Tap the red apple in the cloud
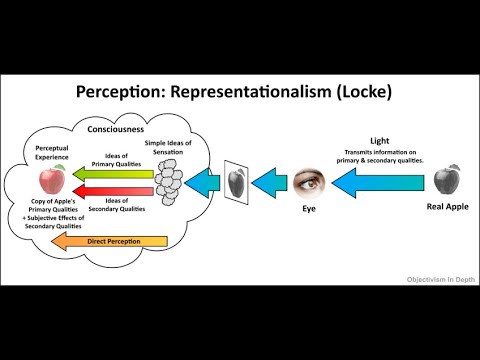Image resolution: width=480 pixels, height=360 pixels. click(50, 181)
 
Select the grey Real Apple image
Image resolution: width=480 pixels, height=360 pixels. click(447, 180)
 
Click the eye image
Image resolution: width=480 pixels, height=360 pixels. click(308, 181)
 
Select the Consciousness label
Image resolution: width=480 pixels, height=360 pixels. click(114, 128)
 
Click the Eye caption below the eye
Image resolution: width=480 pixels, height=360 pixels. click(307, 212)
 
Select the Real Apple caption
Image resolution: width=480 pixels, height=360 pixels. click(448, 210)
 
